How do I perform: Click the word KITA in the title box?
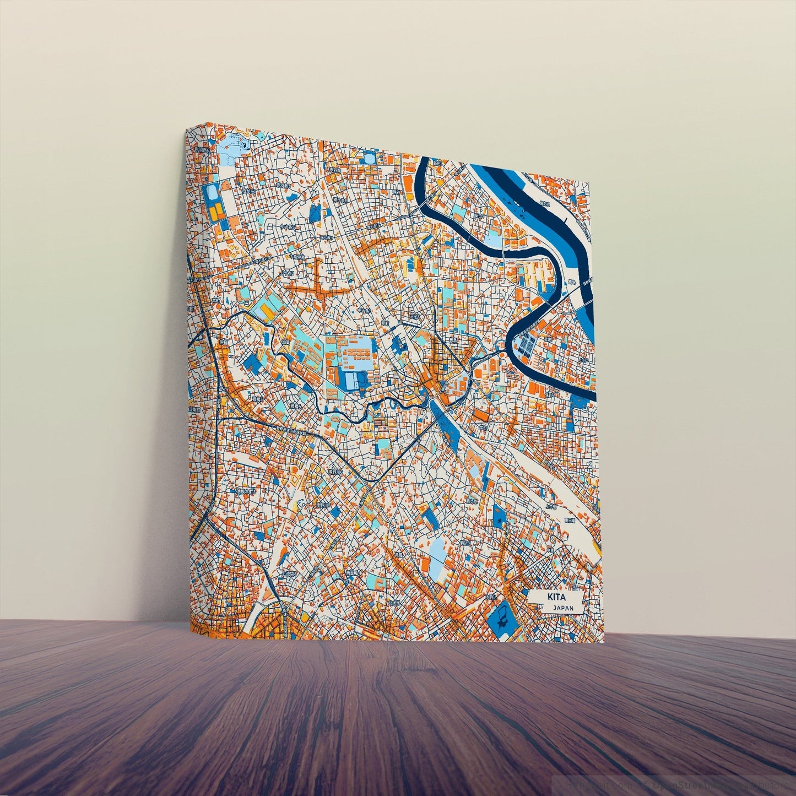[556, 597]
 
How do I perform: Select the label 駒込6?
[464, 542]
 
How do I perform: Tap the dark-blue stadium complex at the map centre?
[353, 380]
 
